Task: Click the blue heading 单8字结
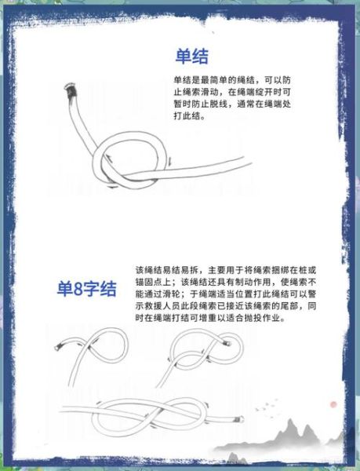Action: pyautogui.click(x=86, y=288)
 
